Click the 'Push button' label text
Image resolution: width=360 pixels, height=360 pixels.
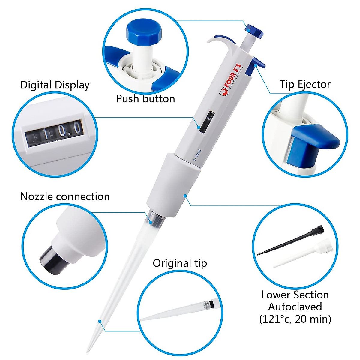pyautogui.click(x=145, y=99)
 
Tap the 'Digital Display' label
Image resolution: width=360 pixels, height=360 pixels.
pyautogui.click(x=55, y=85)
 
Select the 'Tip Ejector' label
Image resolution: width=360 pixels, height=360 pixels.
pyautogui.click(x=305, y=84)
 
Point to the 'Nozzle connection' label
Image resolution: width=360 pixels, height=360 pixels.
pyautogui.click(x=65, y=196)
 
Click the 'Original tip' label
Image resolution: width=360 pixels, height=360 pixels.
pyautogui.click(x=180, y=263)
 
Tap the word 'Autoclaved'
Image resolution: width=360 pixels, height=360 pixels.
pyautogui.click(x=295, y=307)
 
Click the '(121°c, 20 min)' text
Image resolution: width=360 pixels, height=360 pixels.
pyautogui.click(x=295, y=319)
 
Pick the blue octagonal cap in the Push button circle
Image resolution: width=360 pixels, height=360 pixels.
pyautogui.click(x=144, y=31)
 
